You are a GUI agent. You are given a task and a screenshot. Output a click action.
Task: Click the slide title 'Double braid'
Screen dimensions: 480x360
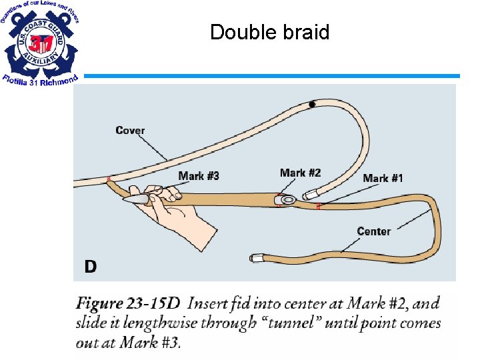[269, 32]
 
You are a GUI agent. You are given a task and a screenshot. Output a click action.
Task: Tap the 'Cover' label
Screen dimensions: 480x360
[130, 130]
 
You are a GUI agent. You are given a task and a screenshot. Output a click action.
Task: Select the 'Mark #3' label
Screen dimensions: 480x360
[199, 176]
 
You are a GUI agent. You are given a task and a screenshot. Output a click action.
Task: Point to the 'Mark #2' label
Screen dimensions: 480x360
[300, 173]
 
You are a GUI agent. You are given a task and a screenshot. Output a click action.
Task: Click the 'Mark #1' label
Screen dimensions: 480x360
[383, 178]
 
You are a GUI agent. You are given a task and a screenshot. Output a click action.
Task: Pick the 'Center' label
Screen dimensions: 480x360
[373, 231]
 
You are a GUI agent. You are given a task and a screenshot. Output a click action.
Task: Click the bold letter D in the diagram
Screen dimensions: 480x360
[91, 267]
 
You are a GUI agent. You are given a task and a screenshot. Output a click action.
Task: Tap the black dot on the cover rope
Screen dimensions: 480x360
[312, 104]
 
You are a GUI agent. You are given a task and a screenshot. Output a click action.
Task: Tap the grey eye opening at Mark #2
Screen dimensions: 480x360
[287, 199]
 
